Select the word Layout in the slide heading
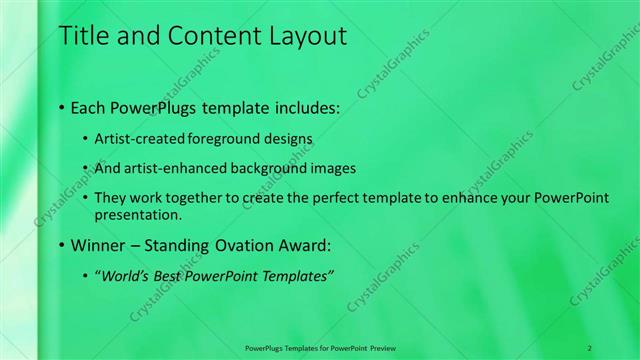(x=302, y=37)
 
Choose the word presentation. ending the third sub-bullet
(x=138, y=214)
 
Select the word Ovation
(x=246, y=245)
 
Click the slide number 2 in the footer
(x=589, y=347)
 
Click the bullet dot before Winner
(x=62, y=245)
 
